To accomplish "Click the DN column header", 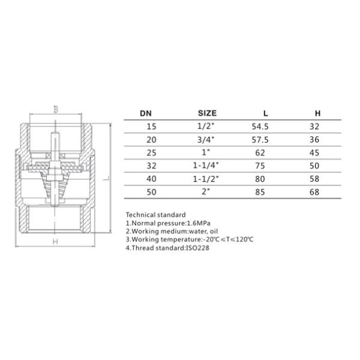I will (x=146, y=113).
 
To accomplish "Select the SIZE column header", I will (x=207, y=113).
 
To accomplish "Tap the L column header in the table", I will (x=266, y=113).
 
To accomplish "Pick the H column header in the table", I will (x=318, y=113).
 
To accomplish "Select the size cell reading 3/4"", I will (x=206, y=139).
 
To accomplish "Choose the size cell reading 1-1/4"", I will (x=206, y=165).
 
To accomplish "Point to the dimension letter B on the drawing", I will (x=55, y=109).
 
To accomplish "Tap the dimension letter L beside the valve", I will (x=105, y=178).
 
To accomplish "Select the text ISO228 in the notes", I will (x=190, y=248).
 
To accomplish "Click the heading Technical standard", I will (x=156, y=214).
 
